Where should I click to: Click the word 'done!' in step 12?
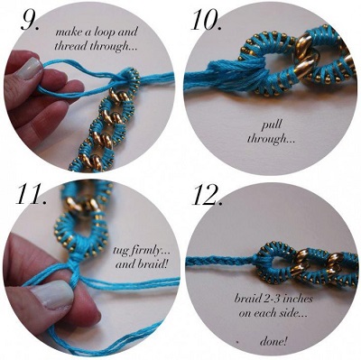(x=273, y=342)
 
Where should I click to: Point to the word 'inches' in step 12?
(x=296, y=299)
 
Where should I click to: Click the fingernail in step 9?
(x=28, y=68)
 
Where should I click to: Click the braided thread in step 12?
(x=219, y=261)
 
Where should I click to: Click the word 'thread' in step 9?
(x=70, y=46)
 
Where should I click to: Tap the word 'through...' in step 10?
(x=272, y=139)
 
